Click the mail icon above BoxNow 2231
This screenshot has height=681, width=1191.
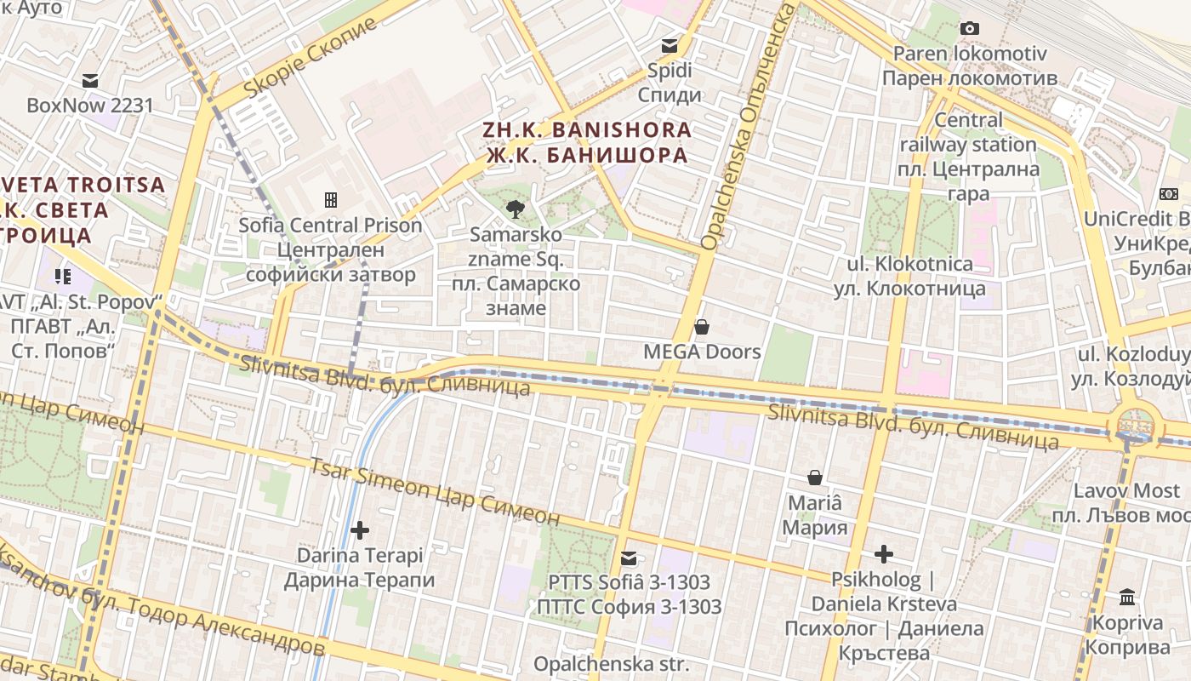(90, 81)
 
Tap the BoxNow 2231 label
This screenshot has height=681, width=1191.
(90, 106)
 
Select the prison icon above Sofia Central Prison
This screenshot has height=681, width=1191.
(331, 200)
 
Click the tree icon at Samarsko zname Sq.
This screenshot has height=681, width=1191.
(515, 208)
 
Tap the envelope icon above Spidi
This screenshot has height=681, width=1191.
(670, 46)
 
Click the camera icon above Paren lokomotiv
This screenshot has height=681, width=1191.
(969, 28)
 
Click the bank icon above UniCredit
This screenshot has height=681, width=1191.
(1168, 194)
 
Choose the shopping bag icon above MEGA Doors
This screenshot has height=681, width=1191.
(702, 327)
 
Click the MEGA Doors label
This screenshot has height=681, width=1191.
(702, 351)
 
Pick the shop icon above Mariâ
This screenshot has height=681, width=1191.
(815, 478)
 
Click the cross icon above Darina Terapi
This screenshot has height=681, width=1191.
(360, 530)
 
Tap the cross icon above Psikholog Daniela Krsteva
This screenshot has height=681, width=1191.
(884, 554)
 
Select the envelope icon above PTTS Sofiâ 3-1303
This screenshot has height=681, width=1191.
(629, 558)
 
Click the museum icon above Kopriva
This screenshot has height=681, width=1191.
(1127, 597)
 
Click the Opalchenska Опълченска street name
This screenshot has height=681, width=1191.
(746, 128)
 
